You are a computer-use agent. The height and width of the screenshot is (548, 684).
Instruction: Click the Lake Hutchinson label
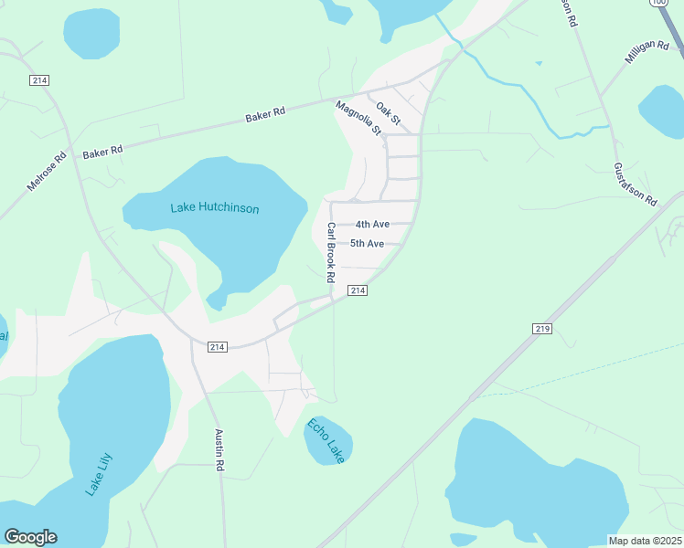(x=215, y=208)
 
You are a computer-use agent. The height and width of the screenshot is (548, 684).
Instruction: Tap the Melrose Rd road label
(x=48, y=171)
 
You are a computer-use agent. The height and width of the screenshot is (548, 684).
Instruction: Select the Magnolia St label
(x=358, y=119)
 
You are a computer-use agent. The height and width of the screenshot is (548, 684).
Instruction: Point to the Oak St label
(x=389, y=113)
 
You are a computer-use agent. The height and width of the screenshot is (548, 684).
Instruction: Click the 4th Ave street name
(x=372, y=225)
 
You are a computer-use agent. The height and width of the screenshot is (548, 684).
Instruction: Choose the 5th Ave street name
(x=367, y=244)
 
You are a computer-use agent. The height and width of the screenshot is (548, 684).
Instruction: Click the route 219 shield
(x=540, y=328)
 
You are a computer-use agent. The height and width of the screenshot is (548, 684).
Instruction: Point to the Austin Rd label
(x=219, y=450)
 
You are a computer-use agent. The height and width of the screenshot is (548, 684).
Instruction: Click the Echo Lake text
(x=326, y=440)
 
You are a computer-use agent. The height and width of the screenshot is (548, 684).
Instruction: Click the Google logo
(x=30, y=537)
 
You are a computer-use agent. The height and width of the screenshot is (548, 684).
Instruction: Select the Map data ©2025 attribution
(x=646, y=541)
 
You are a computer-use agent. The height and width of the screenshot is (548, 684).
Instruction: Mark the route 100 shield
(x=658, y=4)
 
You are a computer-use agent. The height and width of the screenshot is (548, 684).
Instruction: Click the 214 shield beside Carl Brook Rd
(x=358, y=290)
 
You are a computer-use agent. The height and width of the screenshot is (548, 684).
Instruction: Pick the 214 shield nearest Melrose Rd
(x=38, y=80)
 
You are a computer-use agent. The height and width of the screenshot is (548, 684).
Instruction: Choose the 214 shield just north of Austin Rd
(x=217, y=347)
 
